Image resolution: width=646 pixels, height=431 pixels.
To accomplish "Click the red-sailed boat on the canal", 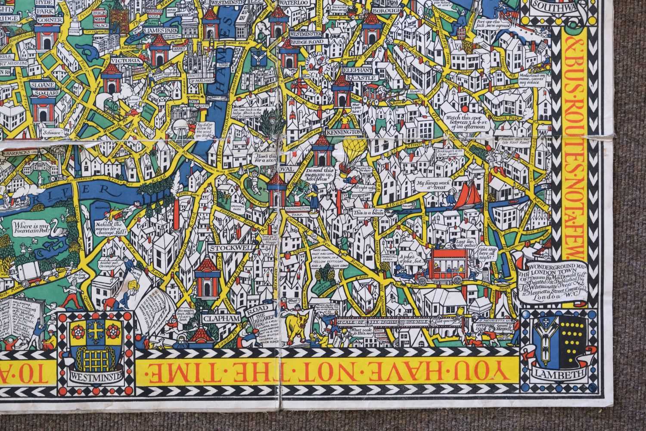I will coord(463,194).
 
